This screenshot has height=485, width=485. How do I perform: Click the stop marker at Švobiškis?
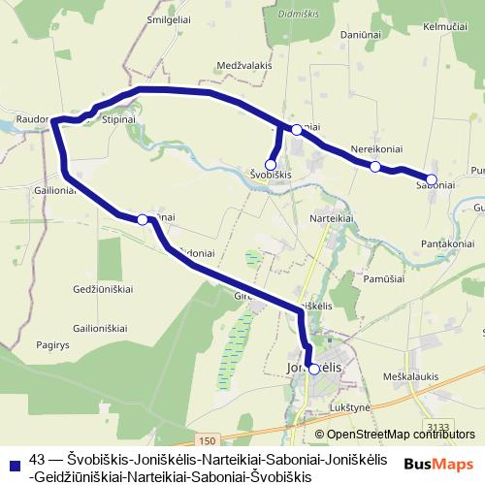pos(271,165)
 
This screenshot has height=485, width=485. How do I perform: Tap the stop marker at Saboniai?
pos(432,179)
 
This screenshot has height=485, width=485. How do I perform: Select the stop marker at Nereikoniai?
pos(375,167)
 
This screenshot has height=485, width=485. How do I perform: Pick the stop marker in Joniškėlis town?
pos(313,369)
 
